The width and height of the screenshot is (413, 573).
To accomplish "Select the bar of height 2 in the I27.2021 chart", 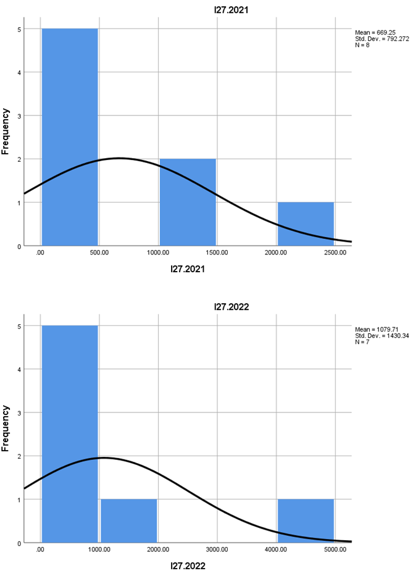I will [188, 202].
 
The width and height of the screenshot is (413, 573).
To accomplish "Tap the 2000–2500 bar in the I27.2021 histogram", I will [306, 224].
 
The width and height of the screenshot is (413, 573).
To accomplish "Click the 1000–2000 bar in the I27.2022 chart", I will [128, 521].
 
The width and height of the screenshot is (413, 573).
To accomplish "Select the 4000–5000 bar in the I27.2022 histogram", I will [306, 521].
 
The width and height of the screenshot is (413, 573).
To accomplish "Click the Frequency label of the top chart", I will [6, 132].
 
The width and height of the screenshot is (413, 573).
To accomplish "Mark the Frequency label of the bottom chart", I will [6, 428].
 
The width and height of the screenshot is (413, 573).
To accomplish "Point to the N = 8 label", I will [365, 44].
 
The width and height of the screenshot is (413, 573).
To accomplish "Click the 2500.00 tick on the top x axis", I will [334, 252].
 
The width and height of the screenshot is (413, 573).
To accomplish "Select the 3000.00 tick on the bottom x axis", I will [217, 549].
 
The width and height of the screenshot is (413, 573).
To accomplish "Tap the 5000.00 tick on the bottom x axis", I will [334, 549].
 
